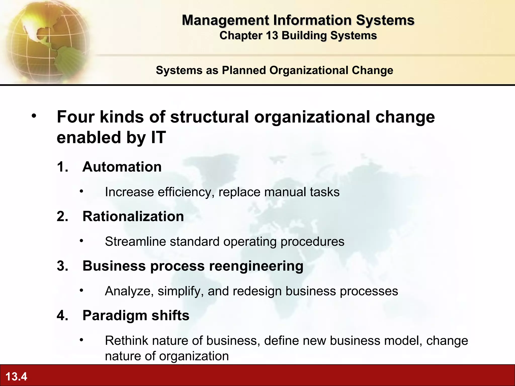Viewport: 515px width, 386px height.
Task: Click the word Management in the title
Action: pyautogui.click(x=225, y=20)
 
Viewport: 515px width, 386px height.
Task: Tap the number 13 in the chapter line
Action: pyautogui.click(x=272, y=35)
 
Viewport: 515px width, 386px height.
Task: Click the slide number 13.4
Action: pyautogui.click(x=16, y=376)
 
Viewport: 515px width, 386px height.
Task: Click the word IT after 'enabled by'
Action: pyautogui.click(x=158, y=137)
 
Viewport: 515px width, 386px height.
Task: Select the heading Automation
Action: pyautogui.click(x=122, y=167)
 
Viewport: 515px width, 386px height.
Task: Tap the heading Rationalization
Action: pyautogui.click(x=133, y=216)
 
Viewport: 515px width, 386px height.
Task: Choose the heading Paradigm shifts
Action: pyautogui.click(x=136, y=315)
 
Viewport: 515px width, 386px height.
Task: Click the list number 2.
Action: pyautogui.click(x=62, y=216)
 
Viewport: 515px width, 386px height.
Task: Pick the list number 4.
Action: pyautogui.click(x=62, y=315)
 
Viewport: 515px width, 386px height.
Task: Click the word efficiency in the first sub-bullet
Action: pyautogui.click(x=186, y=192)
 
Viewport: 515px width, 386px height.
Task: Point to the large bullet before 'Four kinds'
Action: pyautogui.click(x=34, y=116)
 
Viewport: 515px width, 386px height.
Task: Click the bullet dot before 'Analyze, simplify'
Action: pyautogui.click(x=81, y=291)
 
